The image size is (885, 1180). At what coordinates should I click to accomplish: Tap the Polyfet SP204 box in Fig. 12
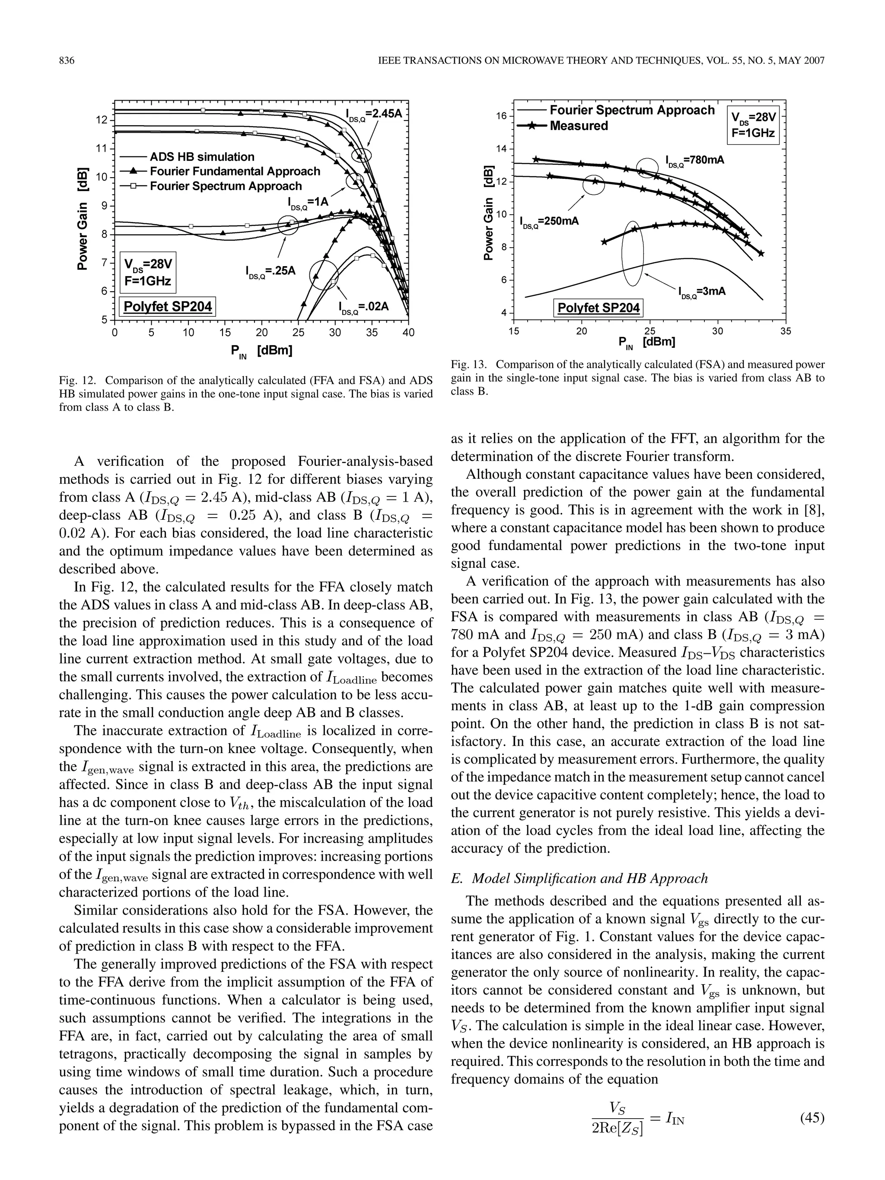(168, 307)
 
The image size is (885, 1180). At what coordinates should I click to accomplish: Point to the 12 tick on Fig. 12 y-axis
(102, 120)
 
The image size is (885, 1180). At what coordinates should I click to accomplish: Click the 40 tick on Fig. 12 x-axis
(408, 332)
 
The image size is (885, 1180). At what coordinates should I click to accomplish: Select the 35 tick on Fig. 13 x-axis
(785, 331)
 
